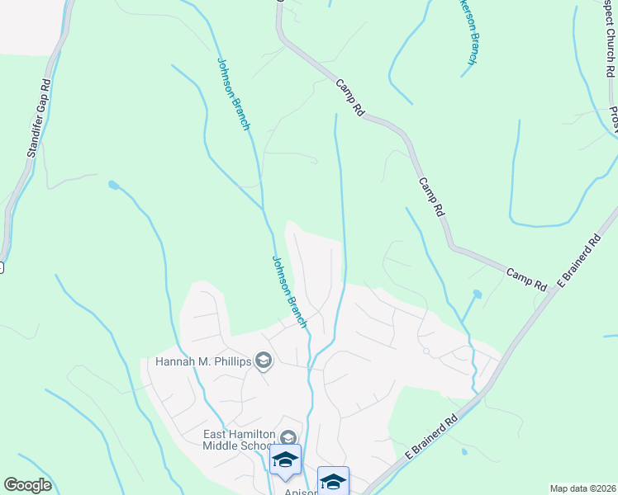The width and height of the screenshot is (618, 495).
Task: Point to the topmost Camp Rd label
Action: click(x=350, y=97)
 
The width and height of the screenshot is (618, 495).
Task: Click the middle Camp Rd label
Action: click(x=432, y=197)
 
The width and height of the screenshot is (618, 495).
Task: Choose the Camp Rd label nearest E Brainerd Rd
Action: click(x=526, y=278)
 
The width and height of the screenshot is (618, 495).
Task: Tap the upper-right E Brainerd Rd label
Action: click(x=578, y=263)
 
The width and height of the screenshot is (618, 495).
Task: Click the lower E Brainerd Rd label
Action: click(x=431, y=438)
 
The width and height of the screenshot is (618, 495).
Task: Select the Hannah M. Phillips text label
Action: click(x=203, y=361)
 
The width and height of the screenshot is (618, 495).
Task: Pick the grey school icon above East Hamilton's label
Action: click(x=288, y=437)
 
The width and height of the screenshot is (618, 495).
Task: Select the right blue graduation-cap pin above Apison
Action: click(x=333, y=480)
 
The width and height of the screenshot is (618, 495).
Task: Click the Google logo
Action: click(x=27, y=485)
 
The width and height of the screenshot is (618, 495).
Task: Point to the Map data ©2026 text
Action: click(x=582, y=488)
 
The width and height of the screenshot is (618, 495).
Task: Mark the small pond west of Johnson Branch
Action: click(x=112, y=185)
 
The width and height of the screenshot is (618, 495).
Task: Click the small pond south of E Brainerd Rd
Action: click(x=464, y=451)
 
